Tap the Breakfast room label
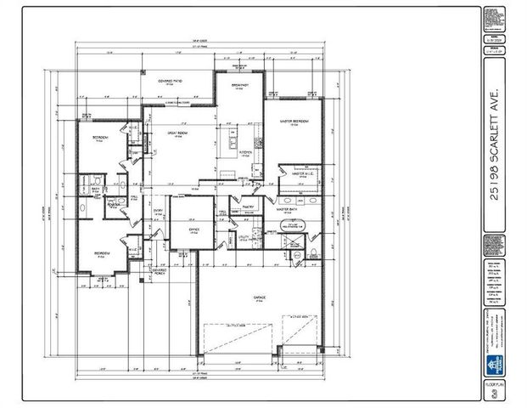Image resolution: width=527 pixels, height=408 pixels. [x=245, y=85]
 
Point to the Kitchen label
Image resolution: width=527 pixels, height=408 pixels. [x=245, y=153]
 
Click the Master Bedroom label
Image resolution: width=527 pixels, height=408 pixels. [x=294, y=122]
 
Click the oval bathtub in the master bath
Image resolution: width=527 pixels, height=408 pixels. [x=293, y=226]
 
